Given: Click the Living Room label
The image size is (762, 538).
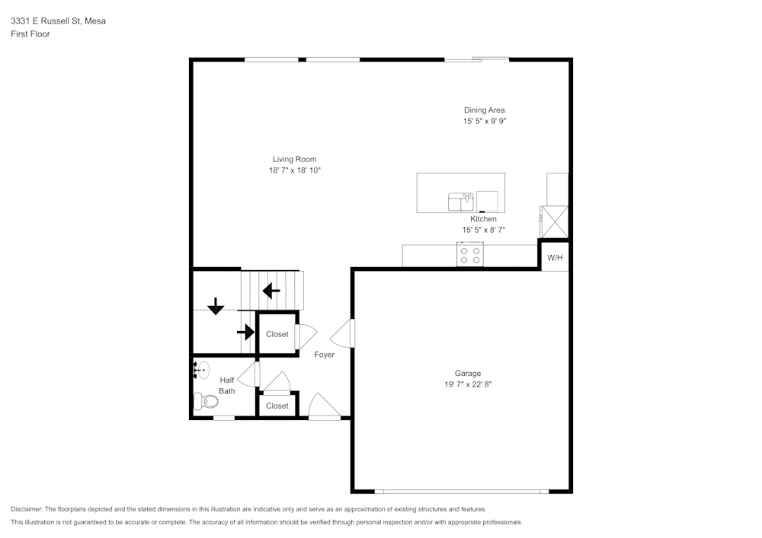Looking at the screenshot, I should tap(294, 159).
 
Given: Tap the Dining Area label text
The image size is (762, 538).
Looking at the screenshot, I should tap(484, 110).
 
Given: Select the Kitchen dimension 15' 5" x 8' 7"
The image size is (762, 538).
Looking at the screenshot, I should tap(484, 230).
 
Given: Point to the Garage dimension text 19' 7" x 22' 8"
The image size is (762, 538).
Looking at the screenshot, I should tap(468, 384).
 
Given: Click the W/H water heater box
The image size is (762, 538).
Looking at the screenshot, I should tap(555, 257).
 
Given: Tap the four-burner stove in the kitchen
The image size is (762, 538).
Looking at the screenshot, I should tap(469, 254).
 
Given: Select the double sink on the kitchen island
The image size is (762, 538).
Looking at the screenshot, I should tap(461, 202).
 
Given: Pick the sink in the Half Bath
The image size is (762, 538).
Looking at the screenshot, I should tap(200, 370).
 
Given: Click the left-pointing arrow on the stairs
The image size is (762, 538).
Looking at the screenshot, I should tap(271, 291).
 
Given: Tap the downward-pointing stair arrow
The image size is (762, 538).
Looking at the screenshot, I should tap(216, 306).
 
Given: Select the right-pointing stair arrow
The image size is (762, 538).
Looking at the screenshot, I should tap(245, 332).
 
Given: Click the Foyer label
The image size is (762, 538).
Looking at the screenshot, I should tap(324, 355).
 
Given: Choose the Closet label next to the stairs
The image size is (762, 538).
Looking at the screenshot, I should tap(277, 334).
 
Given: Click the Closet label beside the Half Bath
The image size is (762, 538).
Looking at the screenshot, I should tap(277, 406).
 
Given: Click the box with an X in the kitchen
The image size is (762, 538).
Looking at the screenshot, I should tap(554, 221).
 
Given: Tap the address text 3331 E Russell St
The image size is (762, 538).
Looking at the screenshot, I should tap(58, 21).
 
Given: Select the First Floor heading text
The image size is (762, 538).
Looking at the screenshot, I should tap(30, 34).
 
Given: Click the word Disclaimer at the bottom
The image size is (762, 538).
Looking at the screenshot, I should tap(27, 509).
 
